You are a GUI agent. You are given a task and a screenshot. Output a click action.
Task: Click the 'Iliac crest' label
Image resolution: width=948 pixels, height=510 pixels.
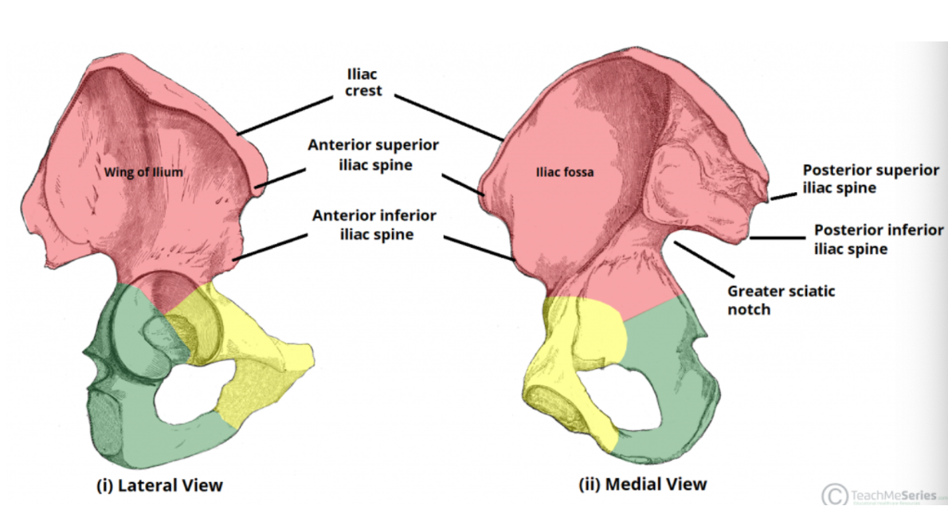pos(364,82)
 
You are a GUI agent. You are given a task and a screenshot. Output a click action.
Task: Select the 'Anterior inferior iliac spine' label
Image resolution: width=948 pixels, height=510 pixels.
pos(374,225)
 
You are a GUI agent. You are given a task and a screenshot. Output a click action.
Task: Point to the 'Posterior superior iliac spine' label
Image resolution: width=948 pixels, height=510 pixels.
pos(861,179)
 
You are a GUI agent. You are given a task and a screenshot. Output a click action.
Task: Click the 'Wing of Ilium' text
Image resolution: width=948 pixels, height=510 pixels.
pos(144,172)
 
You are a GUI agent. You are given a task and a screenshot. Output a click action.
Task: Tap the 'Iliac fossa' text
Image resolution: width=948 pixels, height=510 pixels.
pos(564,172)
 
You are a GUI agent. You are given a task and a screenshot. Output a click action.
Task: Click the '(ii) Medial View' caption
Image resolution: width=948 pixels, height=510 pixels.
pos(642,484)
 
